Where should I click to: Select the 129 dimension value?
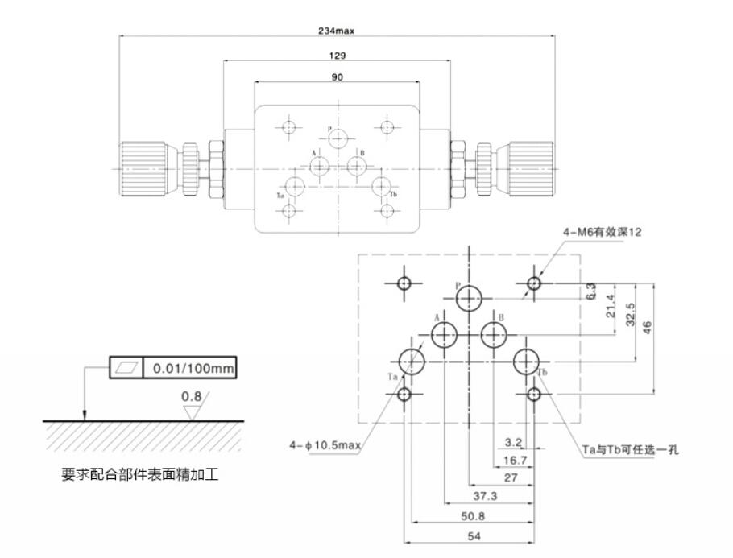pyautogui.click(x=338, y=56)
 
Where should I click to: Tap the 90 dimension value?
pyautogui.click(x=338, y=77)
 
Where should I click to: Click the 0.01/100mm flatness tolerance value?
pyautogui.click(x=190, y=369)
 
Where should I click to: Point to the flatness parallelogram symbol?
pyautogui.click(x=126, y=369)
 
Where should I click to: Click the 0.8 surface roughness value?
pyautogui.click(x=191, y=397)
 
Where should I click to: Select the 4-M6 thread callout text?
pyautogui.click(x=603, y=232)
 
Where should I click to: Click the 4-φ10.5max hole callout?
pyautogui.click(x=326, y=445)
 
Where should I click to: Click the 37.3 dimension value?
pyautogui.click(x=483, y=497)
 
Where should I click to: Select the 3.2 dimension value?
pyautogui.click(x=513, y=442)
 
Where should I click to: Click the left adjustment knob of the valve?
pyautogui.click(x=145, y=167)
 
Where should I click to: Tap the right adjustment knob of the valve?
pyautogui.click(x=528, y=167)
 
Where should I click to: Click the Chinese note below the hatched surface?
pyautogui.click(x=140, y=475)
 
